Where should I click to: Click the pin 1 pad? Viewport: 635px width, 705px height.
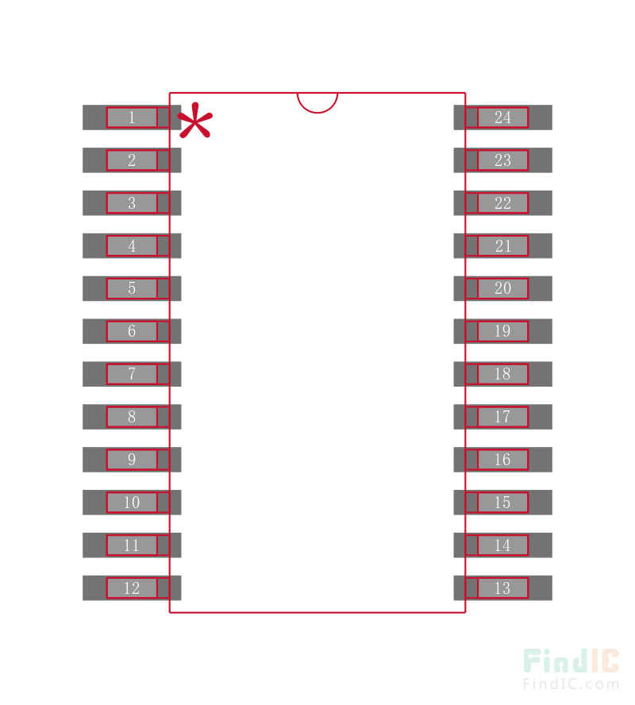132,118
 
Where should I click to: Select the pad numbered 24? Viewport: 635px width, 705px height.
503,118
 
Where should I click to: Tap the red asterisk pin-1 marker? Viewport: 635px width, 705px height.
195,120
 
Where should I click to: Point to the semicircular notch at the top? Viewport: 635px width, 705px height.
317,102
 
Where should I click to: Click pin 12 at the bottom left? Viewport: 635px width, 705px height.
132,588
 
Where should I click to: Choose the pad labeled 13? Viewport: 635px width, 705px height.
503,588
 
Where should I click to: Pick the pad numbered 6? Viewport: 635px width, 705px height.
132,331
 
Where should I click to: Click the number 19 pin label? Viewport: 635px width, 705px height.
502,331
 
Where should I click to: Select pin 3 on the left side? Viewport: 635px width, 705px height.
132,203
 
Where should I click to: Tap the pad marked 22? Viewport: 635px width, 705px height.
503,203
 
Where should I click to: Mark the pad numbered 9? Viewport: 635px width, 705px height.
132,460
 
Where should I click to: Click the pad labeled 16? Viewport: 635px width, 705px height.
503,460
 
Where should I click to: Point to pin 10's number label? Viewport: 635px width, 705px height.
132,503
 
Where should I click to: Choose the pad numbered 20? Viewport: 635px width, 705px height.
503,289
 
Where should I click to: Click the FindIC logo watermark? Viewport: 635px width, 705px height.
571,661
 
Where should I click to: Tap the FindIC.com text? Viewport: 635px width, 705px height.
571,684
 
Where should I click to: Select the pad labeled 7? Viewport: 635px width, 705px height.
132,374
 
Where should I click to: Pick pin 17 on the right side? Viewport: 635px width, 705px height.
503,417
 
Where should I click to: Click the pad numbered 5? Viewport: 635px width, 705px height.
132,289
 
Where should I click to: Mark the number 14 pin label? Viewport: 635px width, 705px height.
502,545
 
